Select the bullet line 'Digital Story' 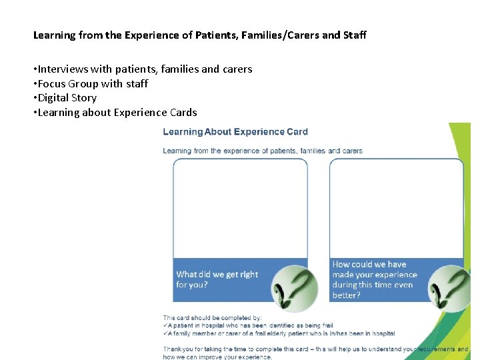tap(67, 98)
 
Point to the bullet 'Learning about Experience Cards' tap(117, 113)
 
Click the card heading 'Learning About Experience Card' tap(235, 132)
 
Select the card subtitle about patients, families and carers tap(263, 151)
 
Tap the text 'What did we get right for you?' tap(217, 279)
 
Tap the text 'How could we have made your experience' tap(374, 269)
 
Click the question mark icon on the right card tap(446, 287)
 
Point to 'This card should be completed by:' tap(213, 318)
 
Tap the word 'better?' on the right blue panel tap(347, 295)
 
